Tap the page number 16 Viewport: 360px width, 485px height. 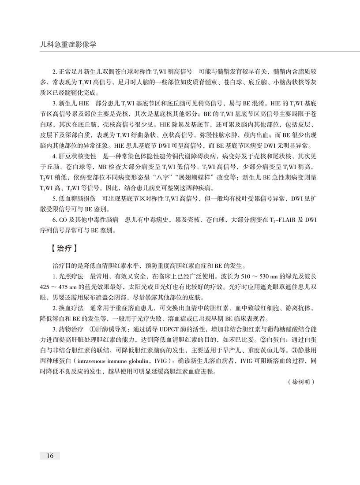click(x=49, y=455)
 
